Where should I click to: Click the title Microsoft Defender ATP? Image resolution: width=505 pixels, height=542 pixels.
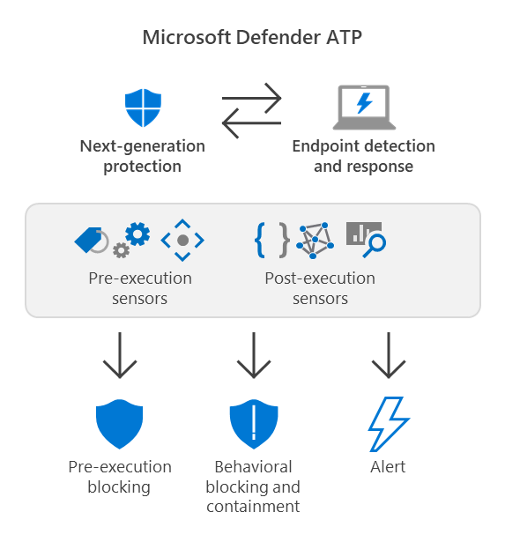click(252, 38)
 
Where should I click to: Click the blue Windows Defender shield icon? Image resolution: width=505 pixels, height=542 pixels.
click(142, 108)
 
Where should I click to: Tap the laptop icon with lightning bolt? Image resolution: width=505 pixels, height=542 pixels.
click(363, 108)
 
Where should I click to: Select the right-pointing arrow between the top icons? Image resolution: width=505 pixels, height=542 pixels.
click(252, 95)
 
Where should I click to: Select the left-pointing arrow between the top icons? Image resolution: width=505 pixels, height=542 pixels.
click(252, 124)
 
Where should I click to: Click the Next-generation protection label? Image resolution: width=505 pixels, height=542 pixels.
click(142, 156)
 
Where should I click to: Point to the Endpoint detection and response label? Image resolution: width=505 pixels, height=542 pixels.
click(363, 156)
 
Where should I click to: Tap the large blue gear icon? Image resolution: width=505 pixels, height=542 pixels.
click(137, 234)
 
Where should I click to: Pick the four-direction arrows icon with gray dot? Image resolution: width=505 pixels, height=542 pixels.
click(182, 240)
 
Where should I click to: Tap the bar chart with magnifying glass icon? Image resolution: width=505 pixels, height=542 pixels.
click(365, 237)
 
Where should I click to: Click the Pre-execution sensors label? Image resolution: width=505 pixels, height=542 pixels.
click(140, 288)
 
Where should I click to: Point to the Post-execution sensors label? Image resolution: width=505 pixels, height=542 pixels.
click(320, 288)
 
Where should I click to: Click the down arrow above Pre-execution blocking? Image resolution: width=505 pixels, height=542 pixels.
click(119, 355)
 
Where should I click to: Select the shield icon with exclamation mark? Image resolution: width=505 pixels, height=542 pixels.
click(253, 426)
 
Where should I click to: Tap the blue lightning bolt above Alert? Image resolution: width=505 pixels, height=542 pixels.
click(388, 425)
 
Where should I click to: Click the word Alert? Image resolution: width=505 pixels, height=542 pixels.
click(388, 467)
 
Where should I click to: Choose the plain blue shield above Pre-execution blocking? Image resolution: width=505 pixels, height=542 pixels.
click(119, 426)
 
